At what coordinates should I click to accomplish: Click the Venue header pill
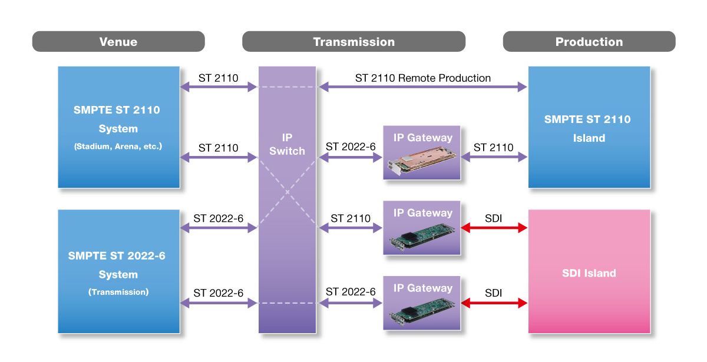118,42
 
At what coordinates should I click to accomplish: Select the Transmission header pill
353,42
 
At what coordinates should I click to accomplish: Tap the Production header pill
589,42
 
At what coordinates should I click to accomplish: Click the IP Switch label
287,144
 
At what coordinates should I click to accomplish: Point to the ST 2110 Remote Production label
422,78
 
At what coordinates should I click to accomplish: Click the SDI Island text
589,273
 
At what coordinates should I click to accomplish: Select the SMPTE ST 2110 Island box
589,128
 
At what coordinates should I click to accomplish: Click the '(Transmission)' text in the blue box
118,291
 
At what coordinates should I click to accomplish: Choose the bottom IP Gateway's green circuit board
420,313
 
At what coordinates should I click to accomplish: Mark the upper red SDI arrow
494,228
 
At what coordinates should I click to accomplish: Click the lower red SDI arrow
494,303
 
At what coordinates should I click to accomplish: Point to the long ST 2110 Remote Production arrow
422,87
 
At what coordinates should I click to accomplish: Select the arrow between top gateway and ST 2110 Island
494,157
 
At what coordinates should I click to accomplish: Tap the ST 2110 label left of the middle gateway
351,218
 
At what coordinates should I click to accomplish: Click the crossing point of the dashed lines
288,192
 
